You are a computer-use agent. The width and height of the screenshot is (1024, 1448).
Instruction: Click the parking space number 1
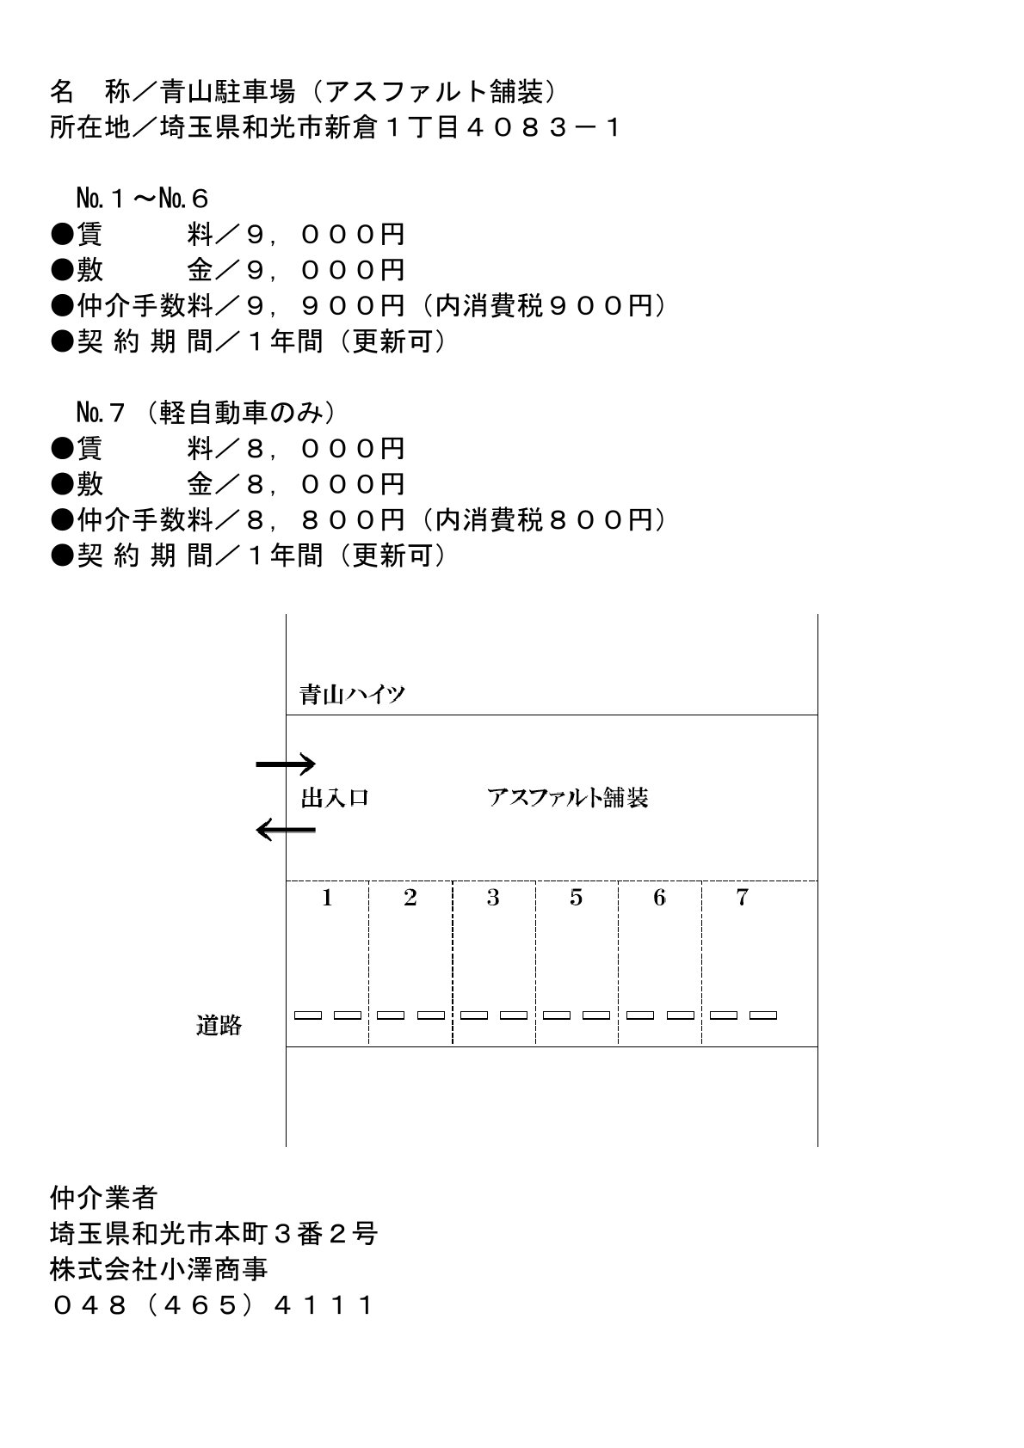[327, 899]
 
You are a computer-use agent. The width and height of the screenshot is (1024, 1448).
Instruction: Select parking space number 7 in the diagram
[742, 899]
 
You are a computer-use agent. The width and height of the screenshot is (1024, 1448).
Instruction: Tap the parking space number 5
[576, 899]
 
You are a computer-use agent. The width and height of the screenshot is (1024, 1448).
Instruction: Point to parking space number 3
[493, 899]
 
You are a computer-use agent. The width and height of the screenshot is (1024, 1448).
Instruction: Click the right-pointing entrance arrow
[287, 764]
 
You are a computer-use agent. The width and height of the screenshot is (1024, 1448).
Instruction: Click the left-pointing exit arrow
[287, 830]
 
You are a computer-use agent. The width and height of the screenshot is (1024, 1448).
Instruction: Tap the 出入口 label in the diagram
[335, 798]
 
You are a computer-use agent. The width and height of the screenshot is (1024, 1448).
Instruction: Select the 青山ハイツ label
[352, 695]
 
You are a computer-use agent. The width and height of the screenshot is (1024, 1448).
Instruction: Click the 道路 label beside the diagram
[219, 1025]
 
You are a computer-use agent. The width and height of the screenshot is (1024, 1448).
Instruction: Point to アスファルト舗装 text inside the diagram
[567, 798]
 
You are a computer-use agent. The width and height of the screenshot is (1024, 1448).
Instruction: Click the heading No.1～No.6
[142, 199]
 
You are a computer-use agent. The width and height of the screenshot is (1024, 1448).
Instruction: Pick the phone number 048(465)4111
[212, 1305]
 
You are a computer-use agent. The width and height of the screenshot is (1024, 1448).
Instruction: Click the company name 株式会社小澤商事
[159, 1269]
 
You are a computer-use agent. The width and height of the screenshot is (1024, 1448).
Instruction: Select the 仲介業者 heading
[104, 1197]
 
